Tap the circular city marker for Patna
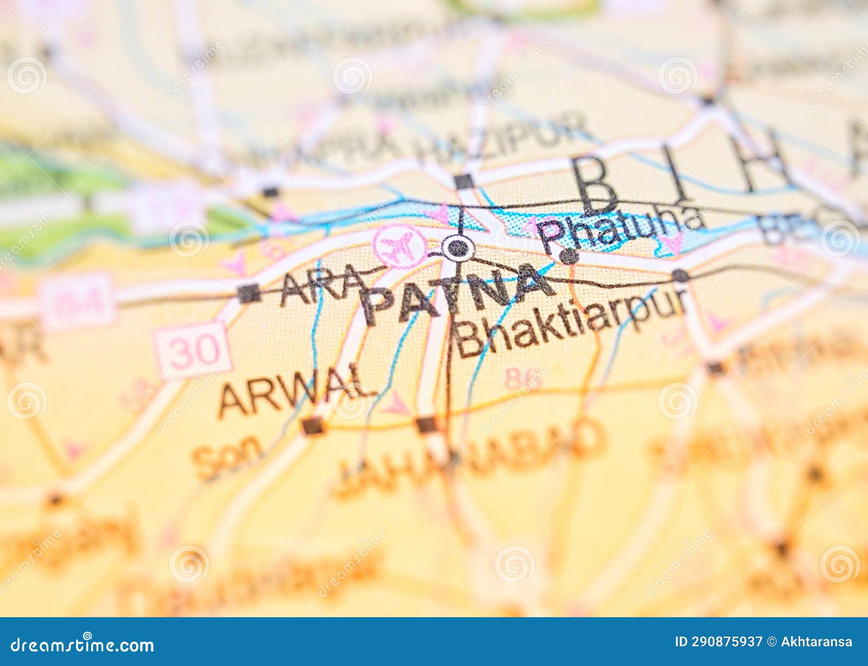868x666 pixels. (x=458, y=248)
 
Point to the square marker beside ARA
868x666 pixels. (x=248, y=293)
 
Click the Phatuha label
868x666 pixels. (x=624, y=228)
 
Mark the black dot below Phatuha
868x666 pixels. (x=569, y=257)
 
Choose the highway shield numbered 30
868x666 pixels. (x=193, y=350)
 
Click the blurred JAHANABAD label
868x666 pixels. (x=469, y=456)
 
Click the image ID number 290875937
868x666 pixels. (x=718, y=642)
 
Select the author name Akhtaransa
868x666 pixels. (x=816, y=642)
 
